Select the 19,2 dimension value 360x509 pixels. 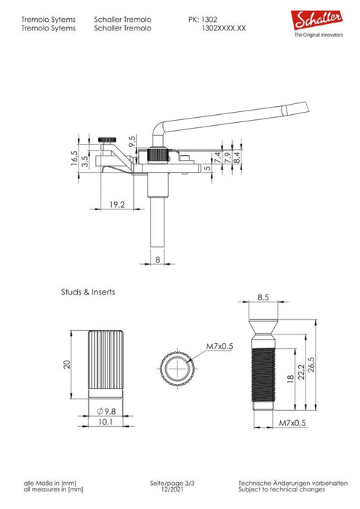pyautogui.click(x=117, y=205)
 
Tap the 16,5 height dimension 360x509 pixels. pyautogui.click(x=75, y=158)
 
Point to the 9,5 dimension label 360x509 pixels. pyautogui.click(x=132, y=142)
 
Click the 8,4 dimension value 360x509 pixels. pyautogui.click(x=237, y=158)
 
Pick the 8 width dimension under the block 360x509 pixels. pyautogui.click(x=158, y=260)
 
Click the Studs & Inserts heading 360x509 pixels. pyautogui.click(x=88, y=292)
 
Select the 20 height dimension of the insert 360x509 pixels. pyautogui.click(x=67, y=364)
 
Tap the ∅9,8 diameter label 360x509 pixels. pyautogui.click(x=106, y=412)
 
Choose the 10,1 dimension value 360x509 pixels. pyautogui.click(x=105, y=422)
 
